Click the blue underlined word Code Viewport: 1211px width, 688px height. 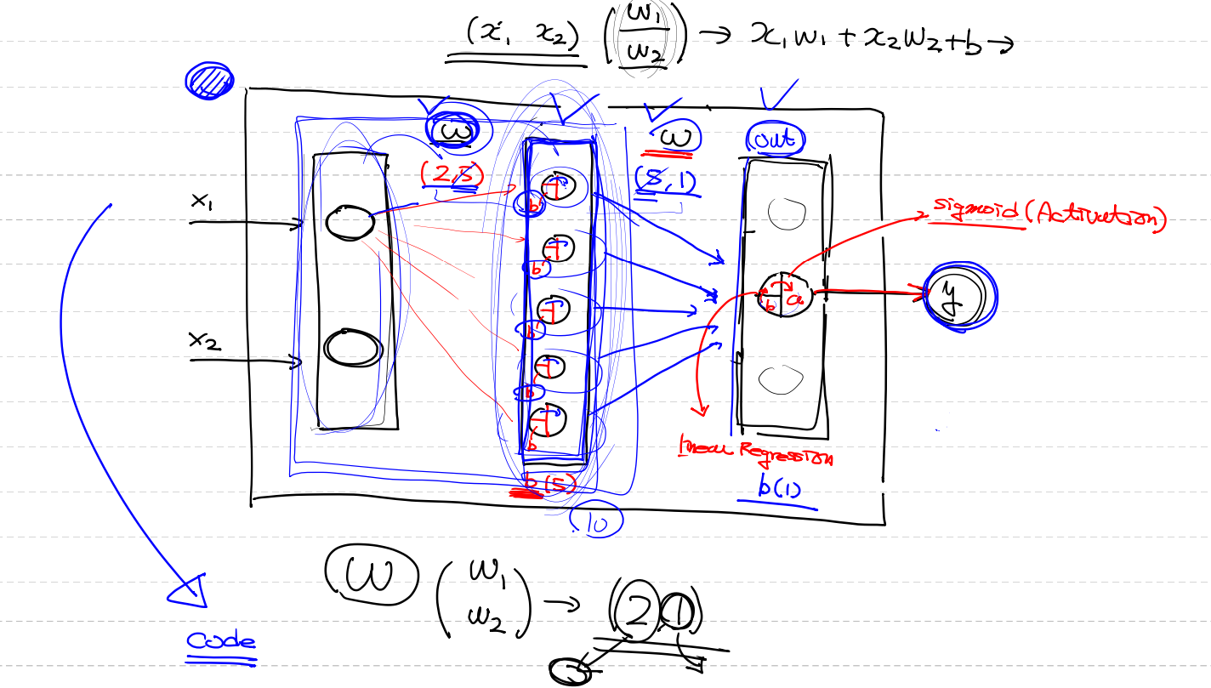pyautogui.click(x=221, y=641)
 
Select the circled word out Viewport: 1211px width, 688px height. pyautogui.click(x=776, y=140)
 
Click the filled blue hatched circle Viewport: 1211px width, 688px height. pyautogui.click(x=209, y=81)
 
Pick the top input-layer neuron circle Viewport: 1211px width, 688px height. pyautogui.click(x=350, y=222)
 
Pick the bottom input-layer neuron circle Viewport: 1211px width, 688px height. pyautogui.click(x=350, y=348)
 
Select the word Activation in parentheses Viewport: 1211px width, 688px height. pyautogui.click(x=1097, y=217)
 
